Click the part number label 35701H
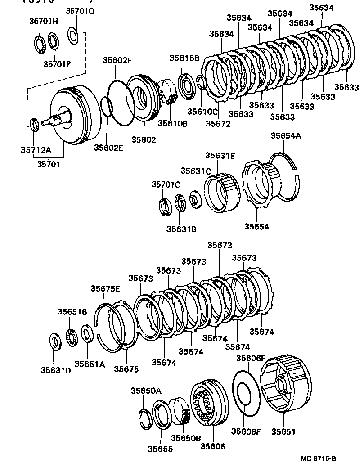[44, 21]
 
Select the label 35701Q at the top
[80, 12]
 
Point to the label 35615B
[184, 58]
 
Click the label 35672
[218, 123]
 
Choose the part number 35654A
[285, 135]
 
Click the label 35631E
[220, 156]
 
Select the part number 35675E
[105, 289]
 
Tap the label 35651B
[72, 312]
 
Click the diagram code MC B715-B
[319, 459]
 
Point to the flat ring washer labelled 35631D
[54, 342]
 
